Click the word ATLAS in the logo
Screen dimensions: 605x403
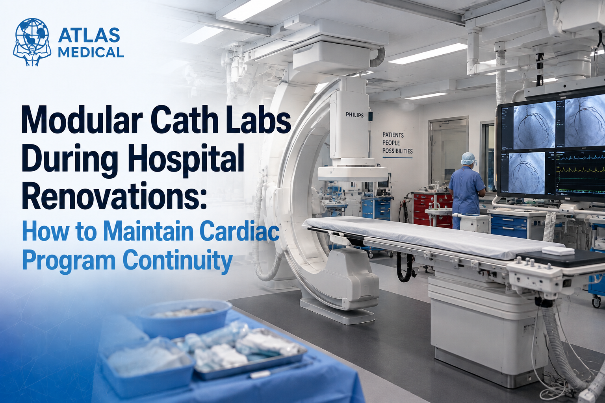click(89, 35)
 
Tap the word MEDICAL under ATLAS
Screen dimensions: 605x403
click(91, 52)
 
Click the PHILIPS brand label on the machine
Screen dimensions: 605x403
click(354, 115)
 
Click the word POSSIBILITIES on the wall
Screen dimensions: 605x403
click(397, 151)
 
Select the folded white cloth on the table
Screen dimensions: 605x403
click(558, 250)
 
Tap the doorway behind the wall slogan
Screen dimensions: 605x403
click(448, 153)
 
